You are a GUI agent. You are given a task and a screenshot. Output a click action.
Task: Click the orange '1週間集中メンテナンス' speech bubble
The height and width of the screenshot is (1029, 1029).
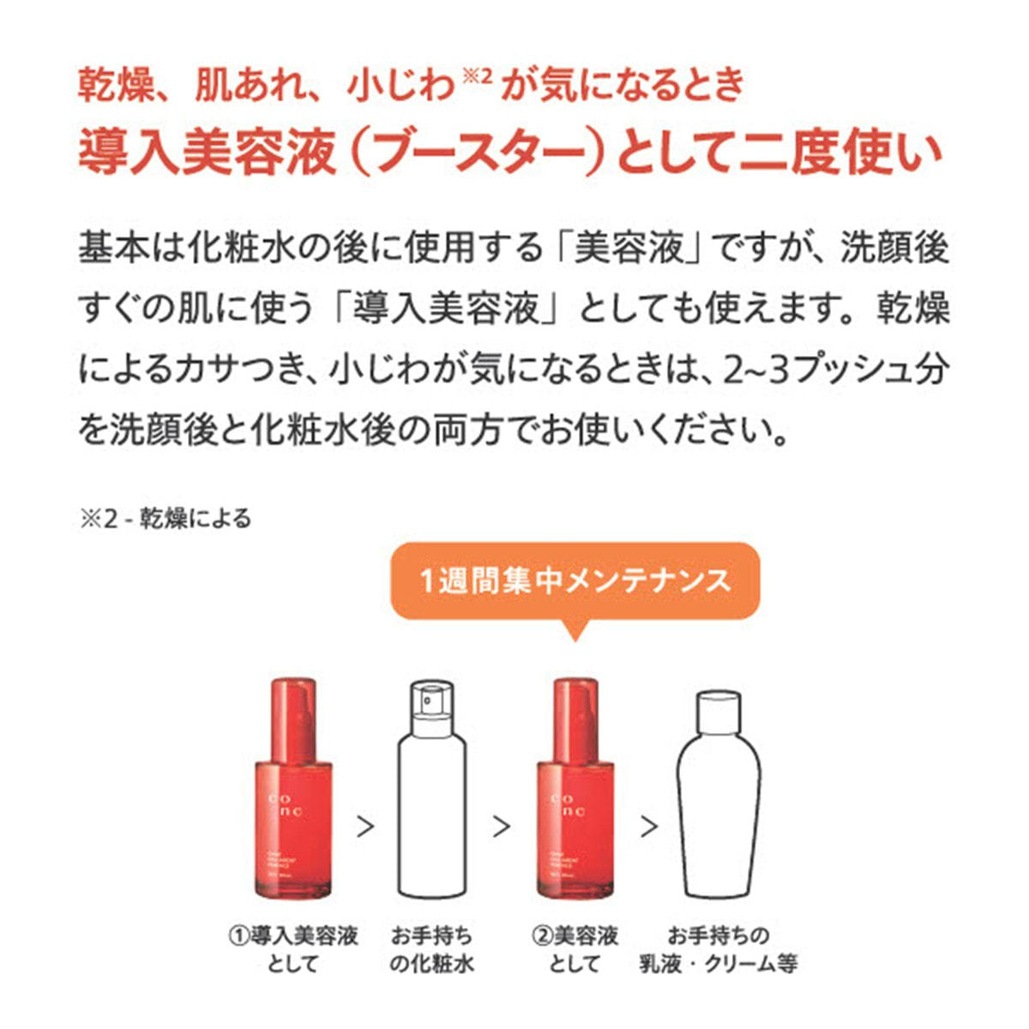[575, 581]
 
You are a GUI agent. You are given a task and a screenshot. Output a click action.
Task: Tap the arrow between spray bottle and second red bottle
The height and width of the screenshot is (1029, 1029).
[502, 827]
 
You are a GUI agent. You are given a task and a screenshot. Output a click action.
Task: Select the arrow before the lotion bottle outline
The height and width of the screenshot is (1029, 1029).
[649, 827]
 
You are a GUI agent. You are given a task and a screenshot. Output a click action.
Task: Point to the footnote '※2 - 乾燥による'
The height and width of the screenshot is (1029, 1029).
[165, 519]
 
